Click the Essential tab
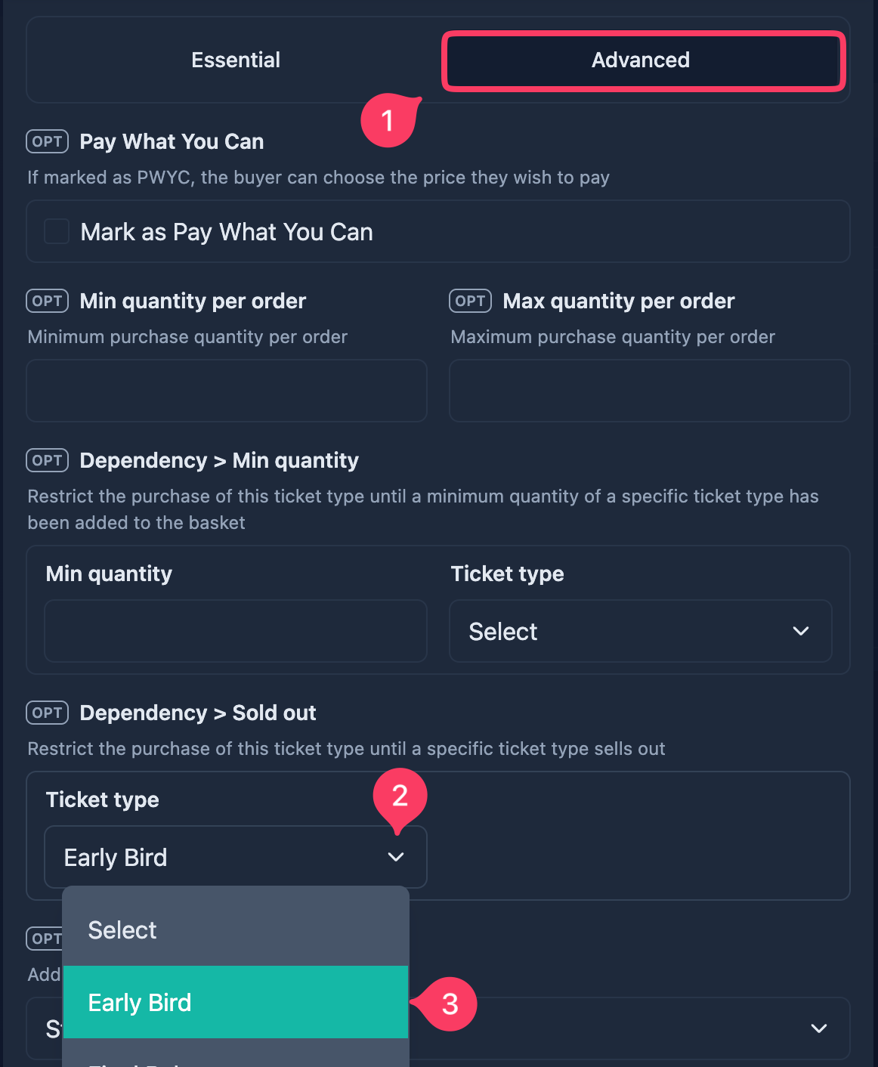(x=235, y=60)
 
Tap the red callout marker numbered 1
(x=388, y=120)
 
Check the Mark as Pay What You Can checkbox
(x=57, y=231)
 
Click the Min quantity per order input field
(x=227, y=391)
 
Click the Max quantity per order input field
(x=649, y=391)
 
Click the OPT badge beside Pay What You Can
(x=47, y=141)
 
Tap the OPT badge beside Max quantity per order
(x=470, y=301)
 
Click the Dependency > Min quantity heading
(x=219, y=460)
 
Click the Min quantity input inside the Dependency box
(x=236, y=631)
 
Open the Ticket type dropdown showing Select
(x=640, y=631)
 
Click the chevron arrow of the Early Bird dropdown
(x=395, y=856)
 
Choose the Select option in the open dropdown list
(x=236, y=930)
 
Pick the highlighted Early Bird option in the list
(x=236, y=1002)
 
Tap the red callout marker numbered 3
(x=447, y=1004)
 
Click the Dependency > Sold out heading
(x=198, y=713)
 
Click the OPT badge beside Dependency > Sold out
(x=47, y=713)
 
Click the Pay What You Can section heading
(x=172, y=141)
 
